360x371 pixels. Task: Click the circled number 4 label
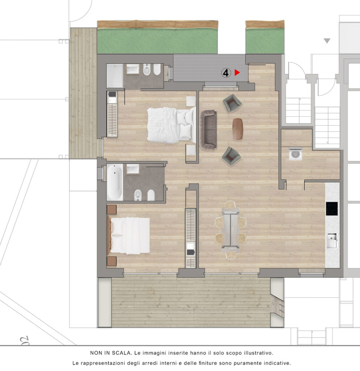(x=226, y=73)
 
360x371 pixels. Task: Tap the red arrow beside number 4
(x=237, y=72)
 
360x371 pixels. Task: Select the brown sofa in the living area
(x=208, y=129)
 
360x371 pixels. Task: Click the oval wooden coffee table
(x=238, y=129)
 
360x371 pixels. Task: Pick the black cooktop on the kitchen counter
(x=332, y=209)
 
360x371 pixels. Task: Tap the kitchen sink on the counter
(x=332, y=241)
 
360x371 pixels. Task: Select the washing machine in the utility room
(x=296, y=154)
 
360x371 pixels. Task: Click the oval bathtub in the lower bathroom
(x=115, y=182)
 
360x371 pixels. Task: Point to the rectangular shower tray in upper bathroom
(x=114, y=76)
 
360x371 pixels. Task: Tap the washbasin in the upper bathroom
(x=133, y=69)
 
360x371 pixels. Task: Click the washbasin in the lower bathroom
(x=133, y=169)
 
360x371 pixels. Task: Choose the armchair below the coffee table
(x=231, y=156)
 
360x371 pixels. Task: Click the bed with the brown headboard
(x=129, y=235)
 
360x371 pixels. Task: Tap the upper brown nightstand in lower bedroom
(x=112, y=210)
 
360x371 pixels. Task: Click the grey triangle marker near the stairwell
(x=327, y=41)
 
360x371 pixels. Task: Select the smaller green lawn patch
(x=265, y=41)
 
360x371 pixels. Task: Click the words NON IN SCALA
(x=111, y=353)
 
